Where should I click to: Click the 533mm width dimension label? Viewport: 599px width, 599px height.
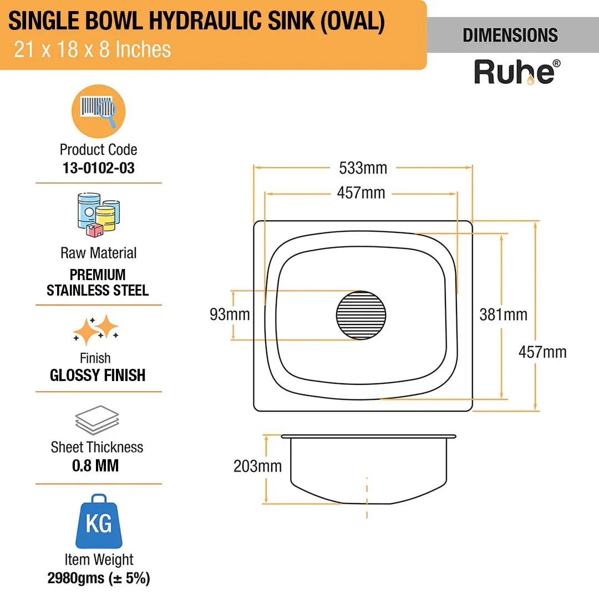click(363, 167)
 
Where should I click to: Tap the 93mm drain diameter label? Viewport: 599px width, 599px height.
click(230, 315)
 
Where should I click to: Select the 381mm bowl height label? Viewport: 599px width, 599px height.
click(503, 315)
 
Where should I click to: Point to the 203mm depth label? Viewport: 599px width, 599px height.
click(257, 466)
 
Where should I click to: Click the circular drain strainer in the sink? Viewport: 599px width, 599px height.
click(361, 315)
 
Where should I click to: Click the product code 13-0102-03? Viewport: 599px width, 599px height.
click(99, 169)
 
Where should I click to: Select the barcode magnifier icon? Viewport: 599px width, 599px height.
click(98, 111)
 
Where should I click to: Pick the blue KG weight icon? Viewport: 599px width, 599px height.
click(98, 521)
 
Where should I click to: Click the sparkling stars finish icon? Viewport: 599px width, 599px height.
click(96, 331)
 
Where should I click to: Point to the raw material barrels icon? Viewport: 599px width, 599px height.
click(99, 212)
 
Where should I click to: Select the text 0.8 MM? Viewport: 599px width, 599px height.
click(95, 465)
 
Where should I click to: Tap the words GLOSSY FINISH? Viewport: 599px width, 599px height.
click(98, 375)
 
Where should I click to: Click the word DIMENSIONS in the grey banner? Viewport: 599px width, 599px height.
click(510, 35)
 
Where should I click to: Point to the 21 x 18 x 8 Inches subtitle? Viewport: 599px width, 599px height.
click(92, 50)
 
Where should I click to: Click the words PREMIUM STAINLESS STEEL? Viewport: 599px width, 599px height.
click(98, 282)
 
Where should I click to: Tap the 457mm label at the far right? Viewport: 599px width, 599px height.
click(542, 352)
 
